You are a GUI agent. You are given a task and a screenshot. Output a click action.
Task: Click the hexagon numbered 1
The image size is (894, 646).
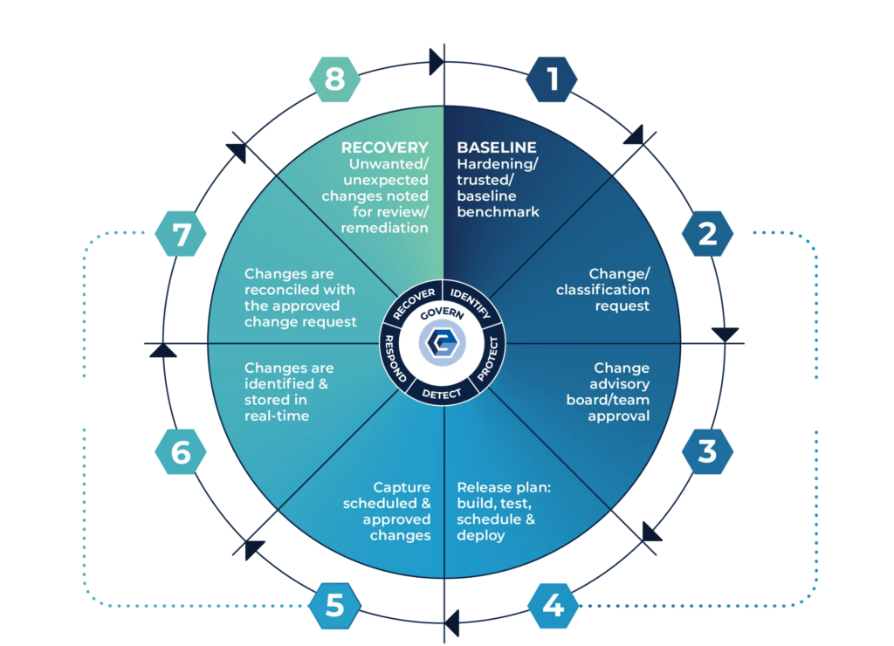pyautogui.click(x=552, y=79)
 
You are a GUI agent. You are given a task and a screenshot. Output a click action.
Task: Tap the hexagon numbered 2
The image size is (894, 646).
pyautogui.click(x=706, y=233)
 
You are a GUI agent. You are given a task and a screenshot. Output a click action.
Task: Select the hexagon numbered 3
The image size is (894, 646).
pyautogui.click(x=706, y=451)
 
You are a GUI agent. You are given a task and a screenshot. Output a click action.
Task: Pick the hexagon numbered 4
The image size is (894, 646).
pyautogui.click(x=552, y=604)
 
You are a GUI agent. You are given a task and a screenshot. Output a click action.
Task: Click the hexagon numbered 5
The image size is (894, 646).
pyautogui.click(x=334, y=604)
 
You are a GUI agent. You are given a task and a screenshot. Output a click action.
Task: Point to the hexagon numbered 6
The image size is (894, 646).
pyautogui.click(x=181, y=451)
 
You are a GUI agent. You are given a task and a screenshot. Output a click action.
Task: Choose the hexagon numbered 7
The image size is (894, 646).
pyautogui.click(x=181, y=235)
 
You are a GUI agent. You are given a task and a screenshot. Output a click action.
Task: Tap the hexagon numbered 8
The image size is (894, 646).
pyautogui.click(x=334, y=79)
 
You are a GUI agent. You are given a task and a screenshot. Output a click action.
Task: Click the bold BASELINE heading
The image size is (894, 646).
pyautogui.click(x=497, y=148)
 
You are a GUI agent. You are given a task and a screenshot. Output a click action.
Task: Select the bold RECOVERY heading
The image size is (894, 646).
pyautogui.click(x=384, y=148)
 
